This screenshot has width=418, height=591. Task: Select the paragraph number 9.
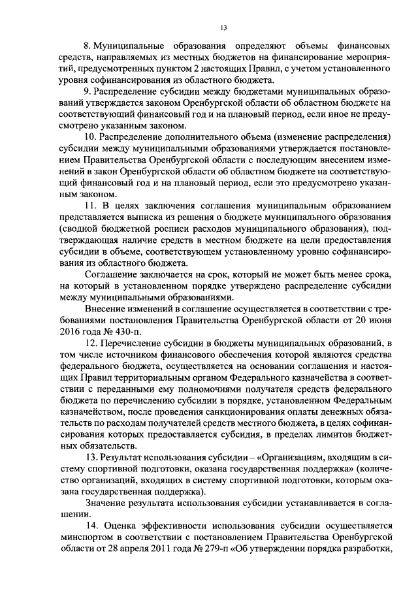click(89, 91)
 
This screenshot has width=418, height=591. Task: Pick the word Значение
click(107, 502)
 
